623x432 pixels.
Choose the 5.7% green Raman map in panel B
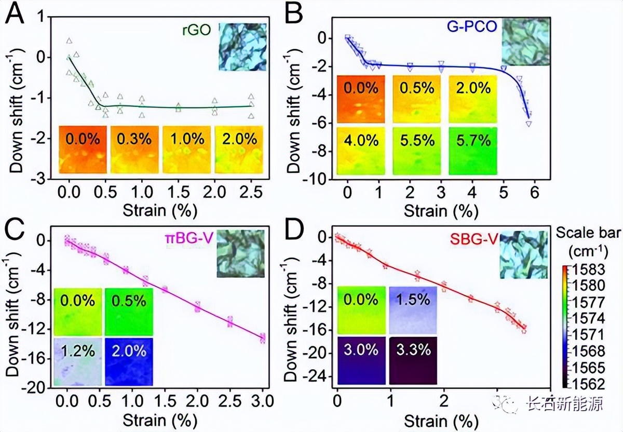pyautogui.click(x=473, y=151)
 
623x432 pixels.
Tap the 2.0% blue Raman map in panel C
pyautogui.click(x=129, y=361)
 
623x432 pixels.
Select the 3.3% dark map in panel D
pyautogui.click(x=413, y=360)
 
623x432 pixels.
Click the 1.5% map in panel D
pyautogui.click(x=413, y=310)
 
